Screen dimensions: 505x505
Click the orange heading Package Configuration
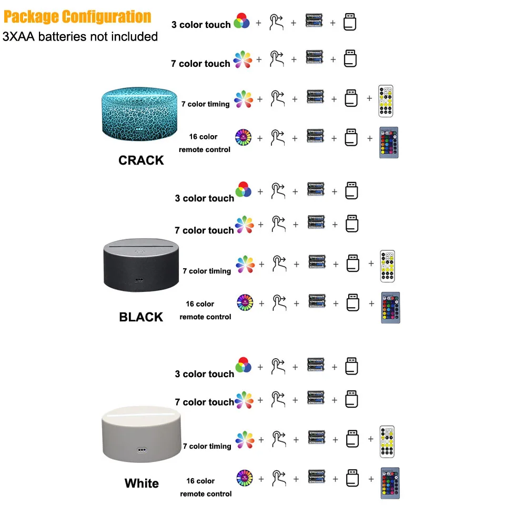pos(77,17)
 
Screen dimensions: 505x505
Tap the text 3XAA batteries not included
pos(80,37)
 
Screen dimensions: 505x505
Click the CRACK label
pos(141,160)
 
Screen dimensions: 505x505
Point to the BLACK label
pos(141,317)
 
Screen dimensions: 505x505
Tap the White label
pos(142,483)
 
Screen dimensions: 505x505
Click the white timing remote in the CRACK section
pos(386,101)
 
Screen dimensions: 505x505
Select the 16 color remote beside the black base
pos(390,307)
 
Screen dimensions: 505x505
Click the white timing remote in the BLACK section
pos(387,266)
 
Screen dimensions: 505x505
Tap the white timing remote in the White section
pos(387,441)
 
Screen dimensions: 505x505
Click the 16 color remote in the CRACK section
pos(388,143)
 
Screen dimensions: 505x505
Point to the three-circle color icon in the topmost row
pos(242,21)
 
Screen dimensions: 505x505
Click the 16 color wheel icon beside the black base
pos(244,302)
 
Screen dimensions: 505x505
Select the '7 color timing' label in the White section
pos(207,446)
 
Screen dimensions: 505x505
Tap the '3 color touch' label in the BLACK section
pos(204,198)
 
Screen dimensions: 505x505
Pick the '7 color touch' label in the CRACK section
pos(200,64)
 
